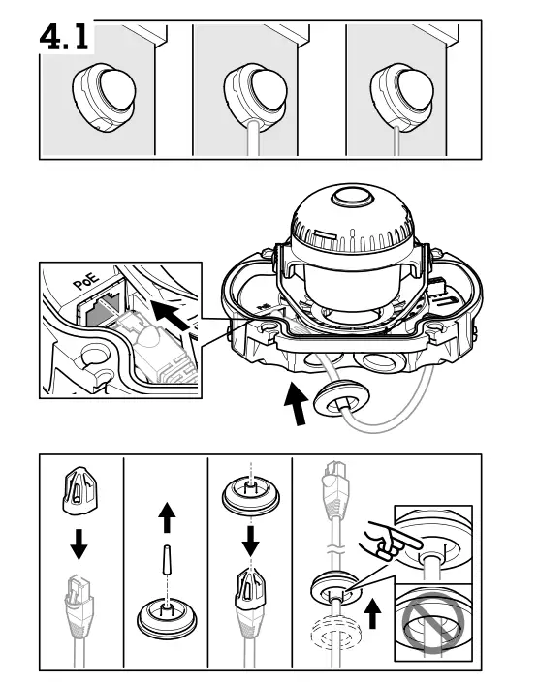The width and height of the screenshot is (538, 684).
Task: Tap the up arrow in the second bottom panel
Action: click(167, 521)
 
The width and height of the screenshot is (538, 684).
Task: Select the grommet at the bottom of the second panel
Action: click(167, 615)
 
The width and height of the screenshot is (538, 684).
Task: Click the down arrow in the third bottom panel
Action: click(250, 541)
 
